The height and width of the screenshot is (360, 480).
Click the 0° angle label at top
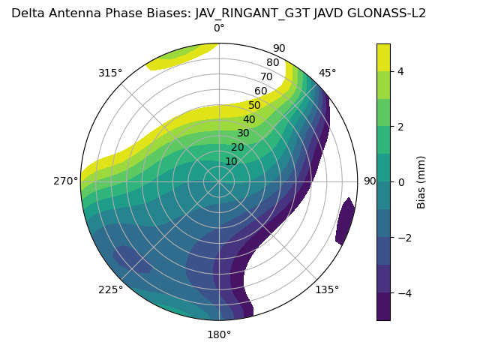[x=219, y=28]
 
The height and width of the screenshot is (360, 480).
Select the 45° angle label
[x=327, y=73]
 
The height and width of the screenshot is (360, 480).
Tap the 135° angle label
[x=327, y=289]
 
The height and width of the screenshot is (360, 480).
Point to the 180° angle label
[x=219, y=334]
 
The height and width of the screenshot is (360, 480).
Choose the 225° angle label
[x=110, y=289]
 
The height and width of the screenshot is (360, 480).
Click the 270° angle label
[x=65, y=181]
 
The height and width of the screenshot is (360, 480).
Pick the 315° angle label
[x=110, y=73]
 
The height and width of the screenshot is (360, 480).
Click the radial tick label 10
[x=231, y=161]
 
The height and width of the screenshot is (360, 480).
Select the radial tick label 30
[x=243, y=133]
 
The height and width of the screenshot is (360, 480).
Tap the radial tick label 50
[x=254, y=106]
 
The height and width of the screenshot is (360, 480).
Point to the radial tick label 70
[x=266, y=77]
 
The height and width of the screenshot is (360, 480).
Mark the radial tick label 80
[x=272, y=63]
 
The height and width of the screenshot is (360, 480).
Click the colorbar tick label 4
[x=400, y=71]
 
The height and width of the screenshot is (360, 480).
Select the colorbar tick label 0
[x=400, y=181]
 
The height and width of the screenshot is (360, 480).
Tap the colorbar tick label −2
[x=403, y=237]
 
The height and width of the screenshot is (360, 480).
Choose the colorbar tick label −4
[x=403, y=292]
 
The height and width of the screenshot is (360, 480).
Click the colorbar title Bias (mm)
[x=421, y=181]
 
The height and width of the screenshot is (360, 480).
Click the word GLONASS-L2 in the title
[x=391, y=13]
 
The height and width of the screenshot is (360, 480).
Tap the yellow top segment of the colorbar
[x=383, y=57]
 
